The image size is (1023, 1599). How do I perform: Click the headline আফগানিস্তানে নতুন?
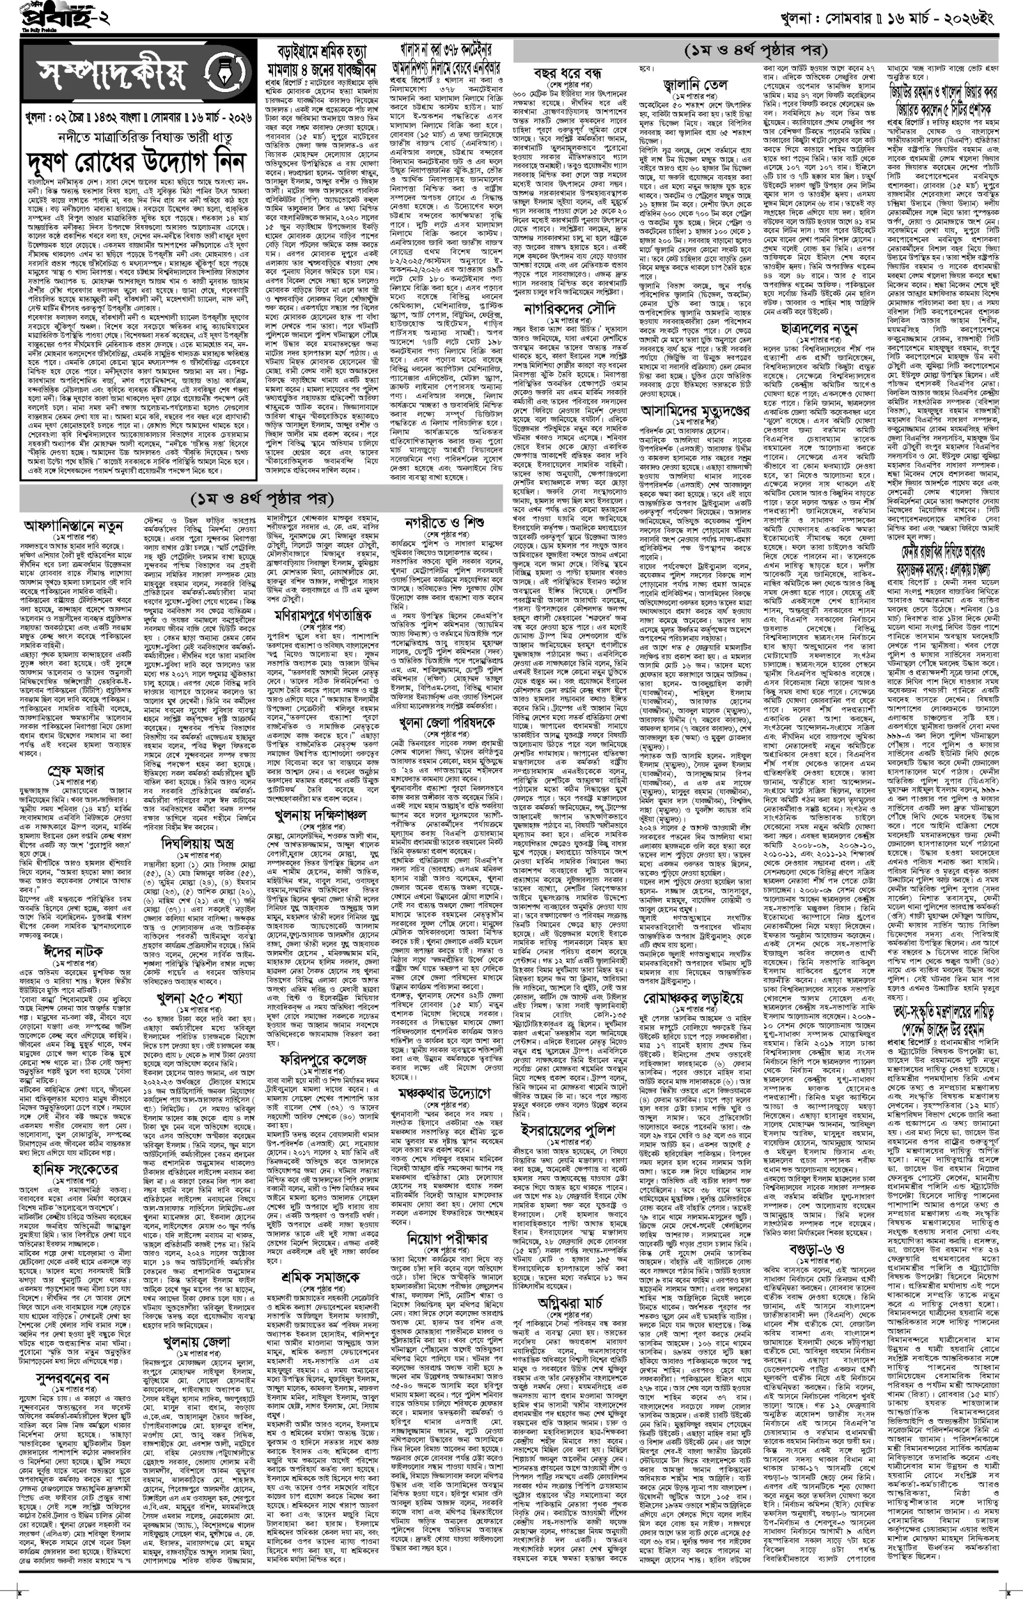pos(74,526)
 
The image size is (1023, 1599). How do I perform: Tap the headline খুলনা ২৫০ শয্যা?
pos(199,997)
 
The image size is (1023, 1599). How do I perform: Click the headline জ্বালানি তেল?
pos(695,85)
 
